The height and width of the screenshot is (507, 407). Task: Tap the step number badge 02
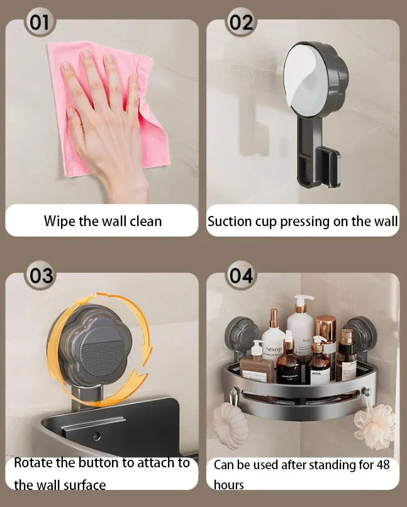[x=241, y=23]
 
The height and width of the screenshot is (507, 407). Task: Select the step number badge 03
[x=40, y=276]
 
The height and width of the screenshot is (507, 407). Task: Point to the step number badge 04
[x=241, y=276]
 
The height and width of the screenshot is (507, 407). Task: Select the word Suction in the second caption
[x=230, y=221]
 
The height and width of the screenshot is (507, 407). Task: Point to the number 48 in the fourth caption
[x=382, y=465]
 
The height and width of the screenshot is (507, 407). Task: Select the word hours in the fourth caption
[x=229, y=485]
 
